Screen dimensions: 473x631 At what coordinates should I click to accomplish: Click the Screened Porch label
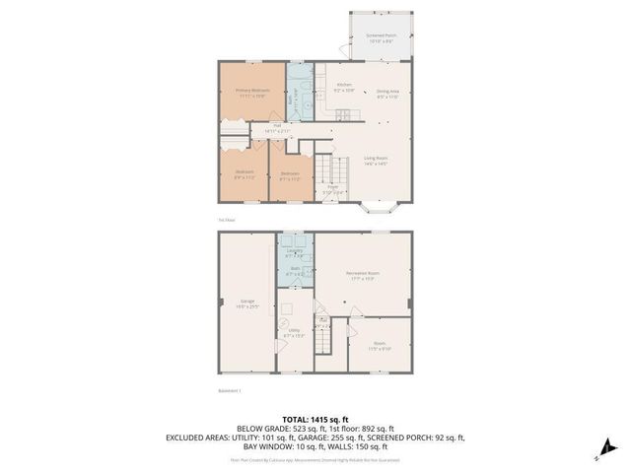pos(382,37)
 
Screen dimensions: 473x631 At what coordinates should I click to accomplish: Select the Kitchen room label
pos(344,86)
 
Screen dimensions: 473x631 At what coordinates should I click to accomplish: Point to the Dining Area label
pos(387,93)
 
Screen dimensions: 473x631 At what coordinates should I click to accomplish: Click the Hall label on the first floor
pos(278,126)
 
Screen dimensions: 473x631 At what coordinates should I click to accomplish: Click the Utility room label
pos(294,332)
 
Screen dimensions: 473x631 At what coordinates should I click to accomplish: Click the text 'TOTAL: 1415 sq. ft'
pos(315,418)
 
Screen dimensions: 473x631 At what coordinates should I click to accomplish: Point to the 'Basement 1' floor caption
pos(230,390)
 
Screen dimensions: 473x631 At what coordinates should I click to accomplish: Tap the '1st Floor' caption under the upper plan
pos(226,220)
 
